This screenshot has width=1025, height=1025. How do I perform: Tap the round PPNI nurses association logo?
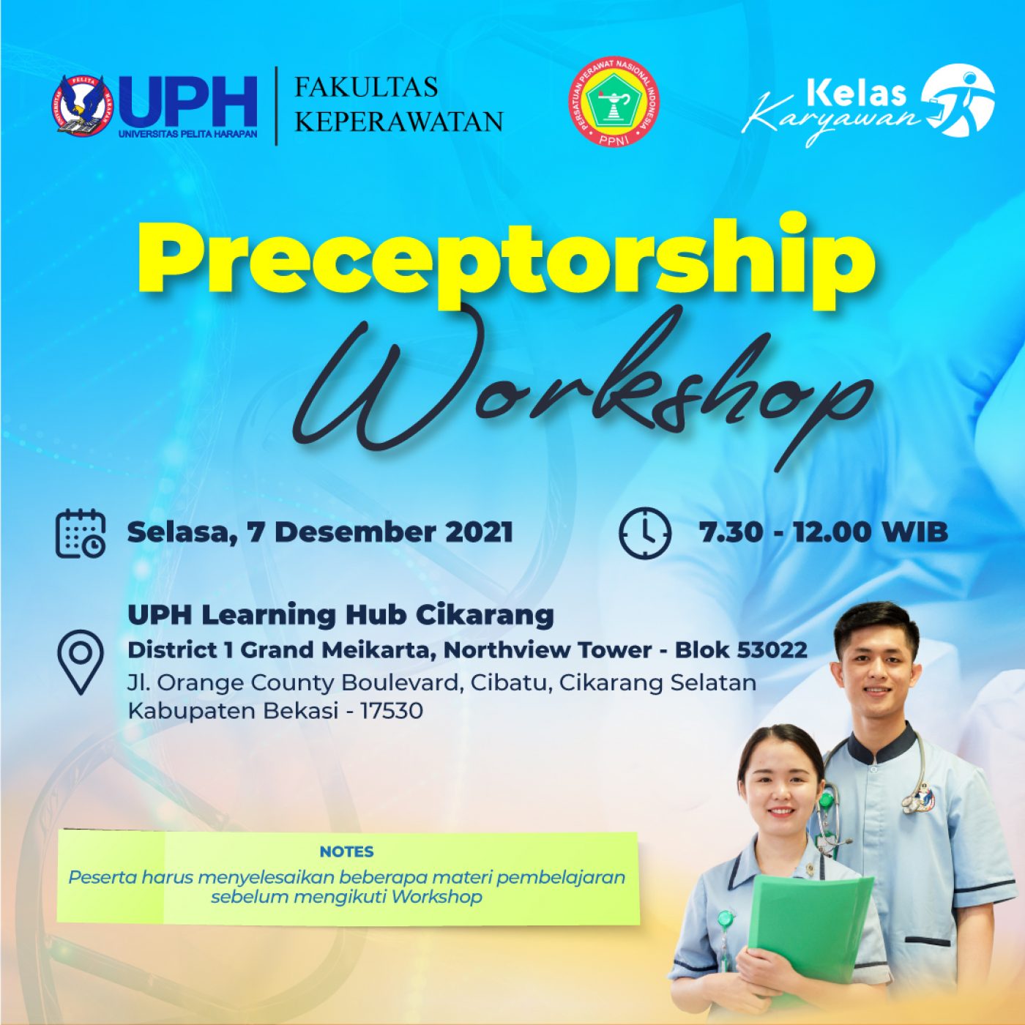coord(614,102)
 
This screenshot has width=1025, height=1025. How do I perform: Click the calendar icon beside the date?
coord(81,533)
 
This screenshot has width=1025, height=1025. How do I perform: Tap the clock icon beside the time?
coord(645,532)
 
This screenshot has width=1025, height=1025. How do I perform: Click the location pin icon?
coord(81,662)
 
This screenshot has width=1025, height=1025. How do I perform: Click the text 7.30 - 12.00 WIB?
coord(824,532)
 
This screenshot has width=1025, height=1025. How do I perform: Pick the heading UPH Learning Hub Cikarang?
coord(340,615)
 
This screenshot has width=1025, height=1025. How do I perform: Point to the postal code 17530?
coord(392,711)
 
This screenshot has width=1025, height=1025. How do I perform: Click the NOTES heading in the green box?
coord(347,851)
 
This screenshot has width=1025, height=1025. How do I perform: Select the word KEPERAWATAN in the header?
coord(399,122)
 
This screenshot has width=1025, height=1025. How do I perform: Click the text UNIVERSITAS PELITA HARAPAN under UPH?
coord(188,133)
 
